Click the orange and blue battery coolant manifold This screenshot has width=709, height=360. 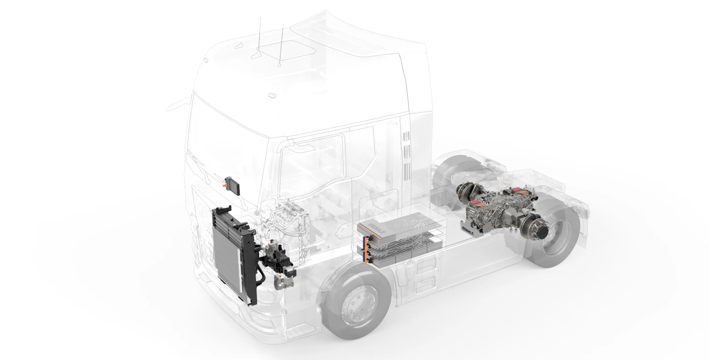click(x=365, y=249)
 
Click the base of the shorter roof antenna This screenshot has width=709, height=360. click(x=280, y=63)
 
